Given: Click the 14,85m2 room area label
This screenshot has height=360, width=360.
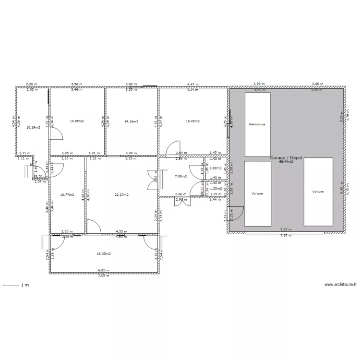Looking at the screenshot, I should coord(77,121).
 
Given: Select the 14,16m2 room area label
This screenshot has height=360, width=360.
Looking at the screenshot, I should coord(131,121).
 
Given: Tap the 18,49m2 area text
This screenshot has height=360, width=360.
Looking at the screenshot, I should coord(192,121).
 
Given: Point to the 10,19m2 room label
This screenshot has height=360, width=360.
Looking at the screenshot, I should coord(33,127).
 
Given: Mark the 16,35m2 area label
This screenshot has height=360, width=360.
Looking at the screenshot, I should coord(104,253).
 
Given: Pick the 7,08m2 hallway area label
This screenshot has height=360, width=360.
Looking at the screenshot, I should coord(180,176).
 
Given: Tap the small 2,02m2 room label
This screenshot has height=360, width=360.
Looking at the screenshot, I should coord(216,168).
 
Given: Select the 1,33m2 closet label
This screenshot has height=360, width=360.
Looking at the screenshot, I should coord(216,189).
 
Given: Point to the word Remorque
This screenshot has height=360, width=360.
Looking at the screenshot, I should coord(257,124).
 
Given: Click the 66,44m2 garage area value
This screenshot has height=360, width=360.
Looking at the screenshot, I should coord(286,162).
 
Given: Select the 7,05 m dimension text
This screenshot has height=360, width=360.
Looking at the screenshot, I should coord(104,276).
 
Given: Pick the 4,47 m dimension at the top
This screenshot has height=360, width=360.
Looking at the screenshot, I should coord(192,84).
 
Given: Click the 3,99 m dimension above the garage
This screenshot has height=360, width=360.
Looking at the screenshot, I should coord(259,84).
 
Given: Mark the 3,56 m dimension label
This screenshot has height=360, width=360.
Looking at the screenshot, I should coord(77,84).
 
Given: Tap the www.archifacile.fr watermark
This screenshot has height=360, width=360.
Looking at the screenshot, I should coord(341,285).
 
